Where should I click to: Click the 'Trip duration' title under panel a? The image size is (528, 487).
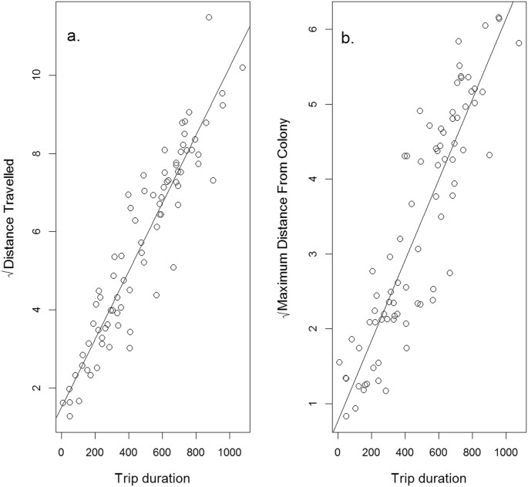coord(152,478)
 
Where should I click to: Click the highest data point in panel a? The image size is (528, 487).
coord(209,17)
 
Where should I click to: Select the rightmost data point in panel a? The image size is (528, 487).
coord(242,68)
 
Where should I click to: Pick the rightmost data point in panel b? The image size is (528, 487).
coord(519,43)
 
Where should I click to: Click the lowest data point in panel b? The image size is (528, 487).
coord(346,416)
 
